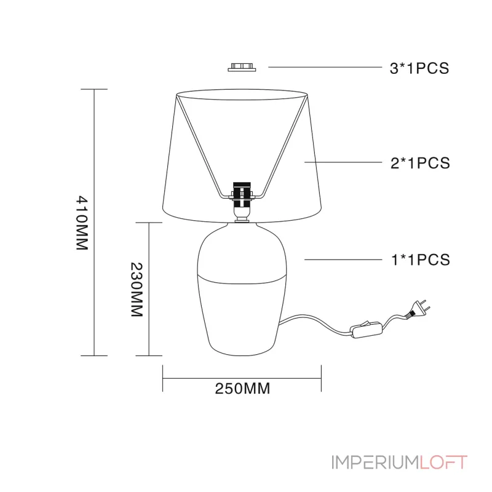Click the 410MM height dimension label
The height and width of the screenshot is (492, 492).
coord(82,223)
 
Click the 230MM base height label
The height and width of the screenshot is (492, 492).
coord(137,290)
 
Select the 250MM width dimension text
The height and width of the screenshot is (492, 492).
coord(242,389)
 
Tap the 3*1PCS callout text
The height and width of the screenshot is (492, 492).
coord(419,68)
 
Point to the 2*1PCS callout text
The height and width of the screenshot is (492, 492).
coord(420,163)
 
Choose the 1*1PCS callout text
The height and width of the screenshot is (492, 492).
coord(421,260)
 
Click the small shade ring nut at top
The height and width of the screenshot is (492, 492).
coord(242,68)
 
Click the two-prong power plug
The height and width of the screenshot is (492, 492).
coord(418,309)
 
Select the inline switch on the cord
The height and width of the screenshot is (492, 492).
coord(366,330)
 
